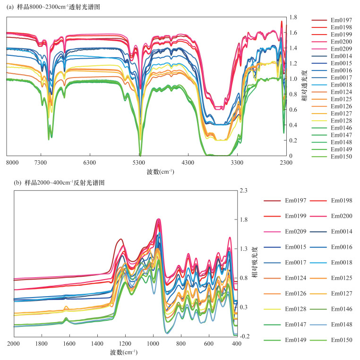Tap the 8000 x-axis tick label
(x=13, y=162)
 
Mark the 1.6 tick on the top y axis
(x=293, y=33)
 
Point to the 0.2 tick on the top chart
(x=293, y=140)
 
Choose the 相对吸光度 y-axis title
(x=255, y=263)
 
